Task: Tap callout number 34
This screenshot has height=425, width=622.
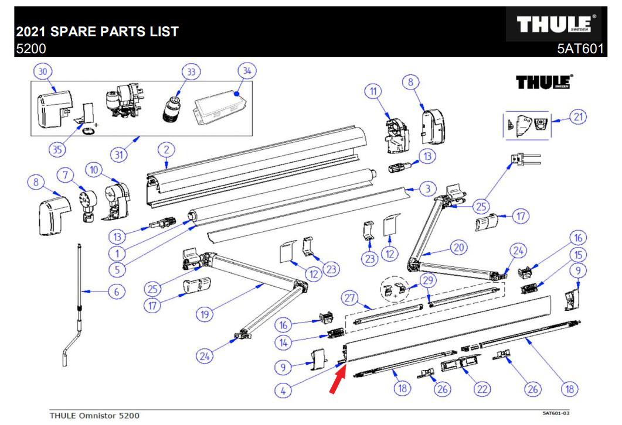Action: tap(247, 71)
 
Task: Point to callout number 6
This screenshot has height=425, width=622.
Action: tap(115, 291)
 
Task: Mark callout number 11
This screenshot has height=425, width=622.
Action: tap(372, 91)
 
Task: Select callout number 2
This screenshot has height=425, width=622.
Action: tap(166, 150)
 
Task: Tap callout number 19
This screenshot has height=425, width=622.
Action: tap(205, 314)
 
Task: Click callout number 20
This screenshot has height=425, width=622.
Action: tap(458, 248)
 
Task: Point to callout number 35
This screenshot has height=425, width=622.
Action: tap(56, 149)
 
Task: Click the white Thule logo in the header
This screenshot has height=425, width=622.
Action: tap(556, 25)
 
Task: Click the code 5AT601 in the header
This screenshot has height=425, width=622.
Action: tap(580, 49)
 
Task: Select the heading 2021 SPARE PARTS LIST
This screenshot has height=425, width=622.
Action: tap(97, 31)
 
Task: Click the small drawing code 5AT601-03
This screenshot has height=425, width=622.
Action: tap(556, 413)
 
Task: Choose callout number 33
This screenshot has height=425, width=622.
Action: tap(191, 72)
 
